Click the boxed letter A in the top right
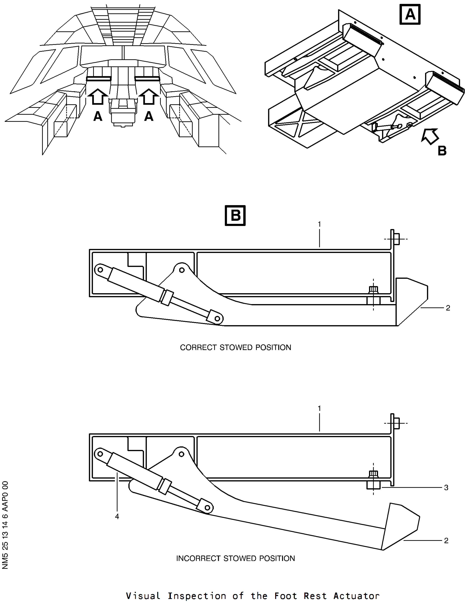click(x=410, y=14)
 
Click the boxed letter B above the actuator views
click(x=235, y=215)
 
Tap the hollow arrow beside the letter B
click(x=430, y=136)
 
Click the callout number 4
click(x=117, y=517)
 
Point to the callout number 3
click(x=446, y=488)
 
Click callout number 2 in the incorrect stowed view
click(x=446, y=540)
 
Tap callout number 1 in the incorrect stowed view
click(x=319, y=408)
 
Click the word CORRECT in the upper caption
click(x=198, y=347)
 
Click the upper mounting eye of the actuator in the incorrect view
click(x=100, y=453)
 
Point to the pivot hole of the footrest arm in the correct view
click(x=182, y=270)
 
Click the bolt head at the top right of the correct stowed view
click(x=397, y=239)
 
